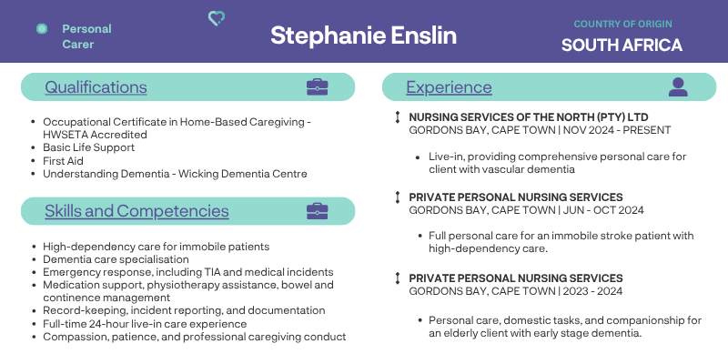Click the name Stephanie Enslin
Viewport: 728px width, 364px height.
[x=363, y=35]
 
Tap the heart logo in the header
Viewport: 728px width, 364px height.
[x=217, y=18]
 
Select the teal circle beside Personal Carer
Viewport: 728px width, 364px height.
[x=42, y=29]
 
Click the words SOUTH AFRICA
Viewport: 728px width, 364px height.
[x=622, y=45]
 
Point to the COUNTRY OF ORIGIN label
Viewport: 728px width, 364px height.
[x=622, y=24]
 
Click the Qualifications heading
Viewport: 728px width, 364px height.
[x=96, y=86]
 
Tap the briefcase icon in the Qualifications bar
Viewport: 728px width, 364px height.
[x=317, y=86]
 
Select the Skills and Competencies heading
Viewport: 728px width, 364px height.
[x=136, y=211]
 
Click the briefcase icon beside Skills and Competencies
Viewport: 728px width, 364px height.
[x=317, y=211]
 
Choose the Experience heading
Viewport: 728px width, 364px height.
[x=449, y=86]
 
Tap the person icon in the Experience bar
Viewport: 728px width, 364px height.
[x=678, y=86]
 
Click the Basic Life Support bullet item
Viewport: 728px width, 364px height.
[x=88, y=147]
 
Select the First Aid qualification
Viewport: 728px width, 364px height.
[x=63, y=161]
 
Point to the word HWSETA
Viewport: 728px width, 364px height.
[x=65, y=135]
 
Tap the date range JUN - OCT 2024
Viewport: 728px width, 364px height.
[x=603, y=210]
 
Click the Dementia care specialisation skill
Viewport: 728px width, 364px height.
[x=116, y=259]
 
